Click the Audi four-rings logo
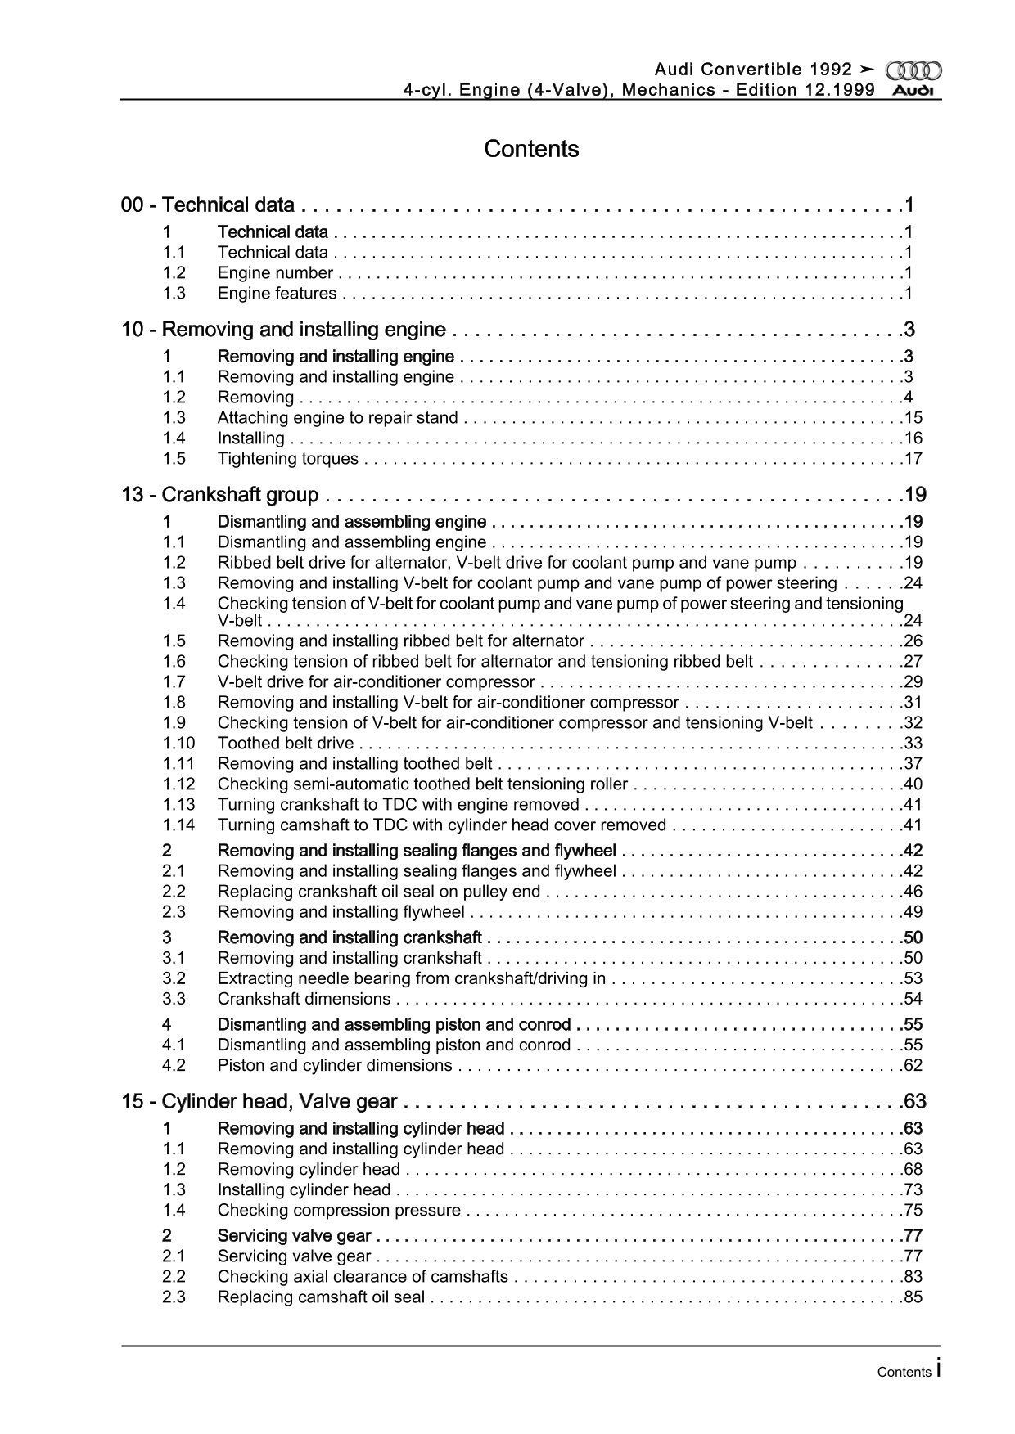[913, 71]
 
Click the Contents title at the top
[531, 149]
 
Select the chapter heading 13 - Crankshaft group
[219, 495]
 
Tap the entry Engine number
[275, 273]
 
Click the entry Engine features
[277, 294]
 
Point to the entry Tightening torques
[287, 459]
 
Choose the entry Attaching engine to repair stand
[337, 418]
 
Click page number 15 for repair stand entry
[913, 418]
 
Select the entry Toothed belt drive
[286, 744]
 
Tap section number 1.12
[178, 784]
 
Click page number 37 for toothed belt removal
[913, 764]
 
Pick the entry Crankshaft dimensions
[304, 999]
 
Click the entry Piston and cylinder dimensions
[335, 1065]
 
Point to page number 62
[913, 1065]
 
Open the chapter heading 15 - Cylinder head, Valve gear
[259, 1102]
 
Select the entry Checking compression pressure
[339, 1211]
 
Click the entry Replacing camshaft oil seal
[321, 1297]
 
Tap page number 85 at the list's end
[913, 1297]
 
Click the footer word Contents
[904, 1373]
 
